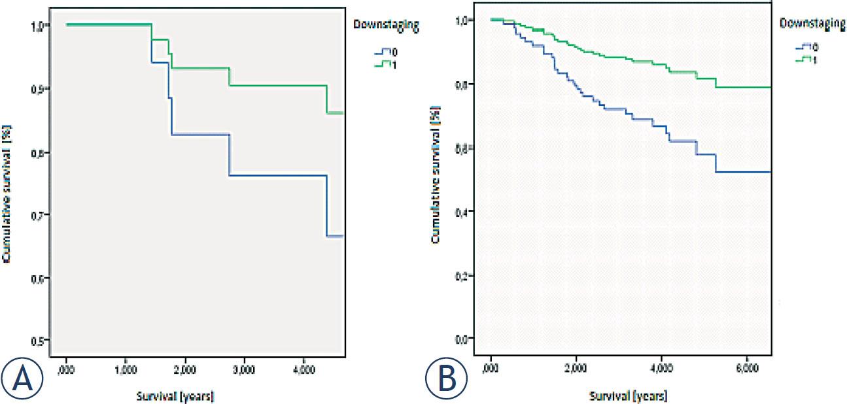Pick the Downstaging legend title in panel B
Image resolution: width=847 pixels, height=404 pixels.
[812, 23]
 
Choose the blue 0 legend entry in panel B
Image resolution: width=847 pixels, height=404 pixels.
[806, 47]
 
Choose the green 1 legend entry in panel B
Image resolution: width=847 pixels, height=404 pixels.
[806, 59]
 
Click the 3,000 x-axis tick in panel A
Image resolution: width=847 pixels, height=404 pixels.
[243, 368]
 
